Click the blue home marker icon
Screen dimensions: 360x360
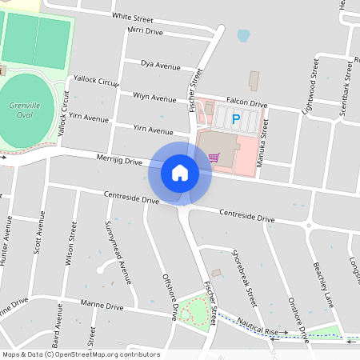(x=180, y=172)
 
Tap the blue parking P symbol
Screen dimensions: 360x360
(x=236, y=120)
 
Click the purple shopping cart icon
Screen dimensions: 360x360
(x=213, y=157)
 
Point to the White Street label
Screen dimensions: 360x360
(x=133, y=16)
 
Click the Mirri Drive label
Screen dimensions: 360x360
(x=145, y=31)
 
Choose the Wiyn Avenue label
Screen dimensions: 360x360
(x=154, y=98)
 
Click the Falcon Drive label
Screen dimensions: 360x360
(x=246, y=103)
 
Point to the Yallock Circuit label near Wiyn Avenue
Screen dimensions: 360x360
(x=95, y=81)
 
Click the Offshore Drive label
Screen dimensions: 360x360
(x=169, y=297)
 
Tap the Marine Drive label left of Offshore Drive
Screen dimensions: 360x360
(x=102, y=306)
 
